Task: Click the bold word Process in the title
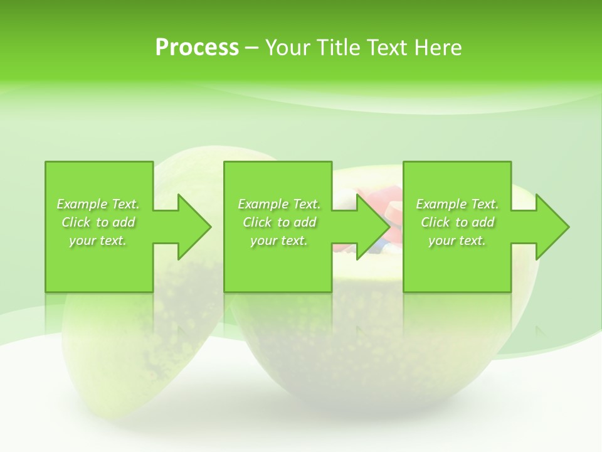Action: click(x=197, y=48)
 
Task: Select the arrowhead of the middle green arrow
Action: click(x=372, y=227)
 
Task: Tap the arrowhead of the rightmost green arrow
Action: click(x=551, y=227)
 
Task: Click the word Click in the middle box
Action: click(x=256, y=222)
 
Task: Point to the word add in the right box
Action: click(x=483, y=222)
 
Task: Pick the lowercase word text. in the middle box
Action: click(x=293, y=241)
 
